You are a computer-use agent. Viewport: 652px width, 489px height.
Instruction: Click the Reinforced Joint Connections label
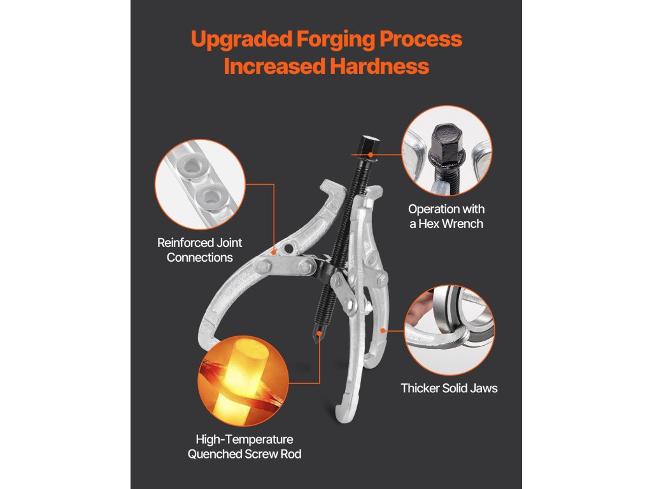click(199, 250)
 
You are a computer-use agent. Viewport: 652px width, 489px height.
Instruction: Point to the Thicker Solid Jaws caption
click(449, 388)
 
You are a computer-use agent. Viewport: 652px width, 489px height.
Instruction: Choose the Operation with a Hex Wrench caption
click(446, 216)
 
